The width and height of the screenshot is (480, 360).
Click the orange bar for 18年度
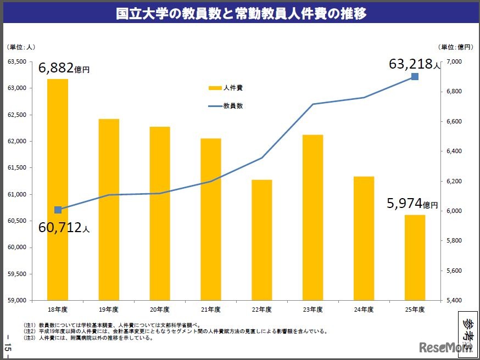click(58, 189)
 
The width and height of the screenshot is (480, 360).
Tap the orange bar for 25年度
click(415, 257)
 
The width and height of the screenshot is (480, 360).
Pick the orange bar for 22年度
click(262, 240)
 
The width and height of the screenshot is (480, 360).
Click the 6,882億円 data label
click(64, 68)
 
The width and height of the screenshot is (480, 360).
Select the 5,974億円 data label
click(412, 204)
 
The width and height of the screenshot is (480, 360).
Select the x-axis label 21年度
click(211, 310)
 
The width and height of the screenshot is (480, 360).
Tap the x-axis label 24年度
click(364, 310)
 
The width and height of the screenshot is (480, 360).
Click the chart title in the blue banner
click(240, 14)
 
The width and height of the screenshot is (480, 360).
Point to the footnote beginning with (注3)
click(88, 338)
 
